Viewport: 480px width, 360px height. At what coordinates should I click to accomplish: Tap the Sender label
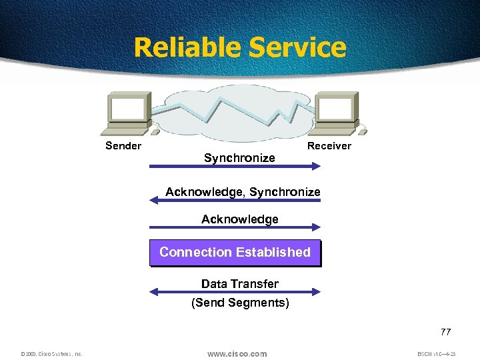tap(123, 146)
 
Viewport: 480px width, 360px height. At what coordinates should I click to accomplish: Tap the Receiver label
tap(329, 146)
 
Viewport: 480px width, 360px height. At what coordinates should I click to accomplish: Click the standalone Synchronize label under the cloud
tap(239, 158)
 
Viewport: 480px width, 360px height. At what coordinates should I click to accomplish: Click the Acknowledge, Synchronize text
tap(243, 192)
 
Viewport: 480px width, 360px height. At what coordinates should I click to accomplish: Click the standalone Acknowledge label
tap(240, 219)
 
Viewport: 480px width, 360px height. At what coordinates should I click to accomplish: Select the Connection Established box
tap(235, 253)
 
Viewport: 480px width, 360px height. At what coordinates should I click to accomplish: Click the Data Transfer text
tap(240, 284)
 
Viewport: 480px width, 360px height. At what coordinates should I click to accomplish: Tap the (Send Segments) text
tap(240, 303)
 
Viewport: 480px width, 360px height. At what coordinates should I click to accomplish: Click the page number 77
tap(445, 332)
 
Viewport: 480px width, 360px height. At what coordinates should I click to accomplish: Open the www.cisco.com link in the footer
tap(237, 353)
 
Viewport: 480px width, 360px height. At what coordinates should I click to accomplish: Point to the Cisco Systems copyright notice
tap(51, 354)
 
